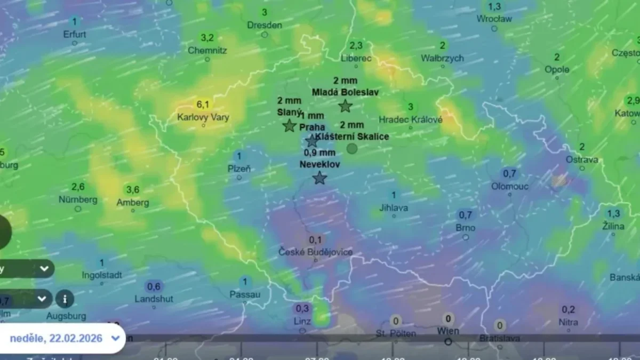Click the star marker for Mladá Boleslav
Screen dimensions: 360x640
(346, 106)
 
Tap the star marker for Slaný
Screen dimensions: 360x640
(290, 126)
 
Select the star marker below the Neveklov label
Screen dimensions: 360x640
(319, 178)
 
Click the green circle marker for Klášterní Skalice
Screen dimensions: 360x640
(352, 149)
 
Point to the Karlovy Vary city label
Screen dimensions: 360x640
(204, 116)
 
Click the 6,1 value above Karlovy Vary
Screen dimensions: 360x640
(203, 105)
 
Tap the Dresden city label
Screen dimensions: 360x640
(265, 25)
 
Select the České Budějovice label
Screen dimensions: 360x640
(315, 252)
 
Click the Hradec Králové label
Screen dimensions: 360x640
(410, 119)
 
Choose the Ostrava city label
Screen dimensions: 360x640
(582, 159)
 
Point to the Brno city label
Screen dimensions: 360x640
(466, 228)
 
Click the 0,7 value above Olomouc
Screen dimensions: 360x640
(510, 173)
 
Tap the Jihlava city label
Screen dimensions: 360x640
(394, 207)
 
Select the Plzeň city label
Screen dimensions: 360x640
(239, 169)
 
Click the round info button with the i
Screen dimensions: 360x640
(65, 299)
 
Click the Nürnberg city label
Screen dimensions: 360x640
(78, 199)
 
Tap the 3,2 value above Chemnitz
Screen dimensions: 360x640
(207, 38)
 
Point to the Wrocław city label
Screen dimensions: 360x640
(494, 19)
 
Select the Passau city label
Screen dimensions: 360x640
(245, 294)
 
